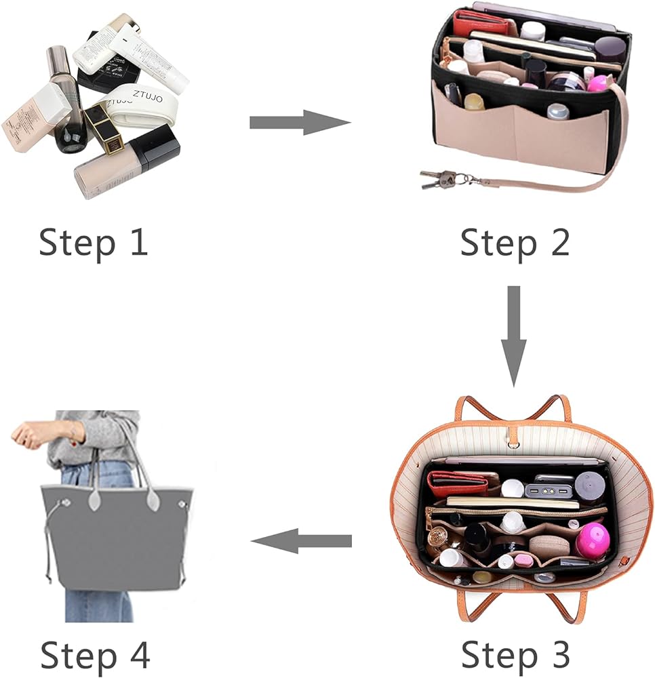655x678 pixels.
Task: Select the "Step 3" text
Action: (x=515, y=654)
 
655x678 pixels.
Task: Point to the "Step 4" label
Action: (x=94, y=654)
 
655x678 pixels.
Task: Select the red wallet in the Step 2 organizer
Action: (x=483, y=24)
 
